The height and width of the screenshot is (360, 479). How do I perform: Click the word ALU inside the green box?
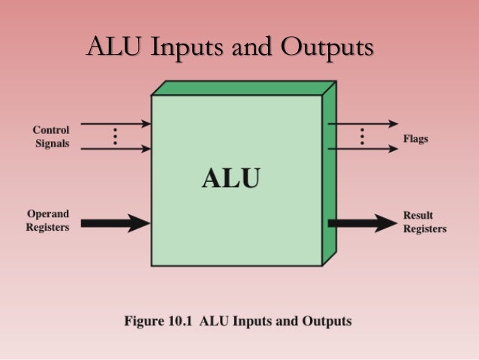click(x=231, y=178)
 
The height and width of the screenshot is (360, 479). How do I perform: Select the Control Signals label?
click(x=51, y=136)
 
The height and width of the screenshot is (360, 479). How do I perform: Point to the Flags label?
click(x=416, y=140)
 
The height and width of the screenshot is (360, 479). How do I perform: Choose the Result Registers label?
click(x=425, y=222)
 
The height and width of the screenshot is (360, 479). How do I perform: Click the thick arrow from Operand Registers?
click(x=116, y=222)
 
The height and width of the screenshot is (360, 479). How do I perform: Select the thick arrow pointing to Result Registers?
click(x=363, y=222)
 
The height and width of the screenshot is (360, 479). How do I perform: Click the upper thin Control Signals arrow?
click(x=116, y=123)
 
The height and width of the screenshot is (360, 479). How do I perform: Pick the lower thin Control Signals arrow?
click(x=116, y=149)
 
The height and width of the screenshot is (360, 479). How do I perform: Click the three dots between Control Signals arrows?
click(x=115, y=136)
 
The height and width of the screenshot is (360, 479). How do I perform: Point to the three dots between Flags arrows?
click(x=362, y=136)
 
